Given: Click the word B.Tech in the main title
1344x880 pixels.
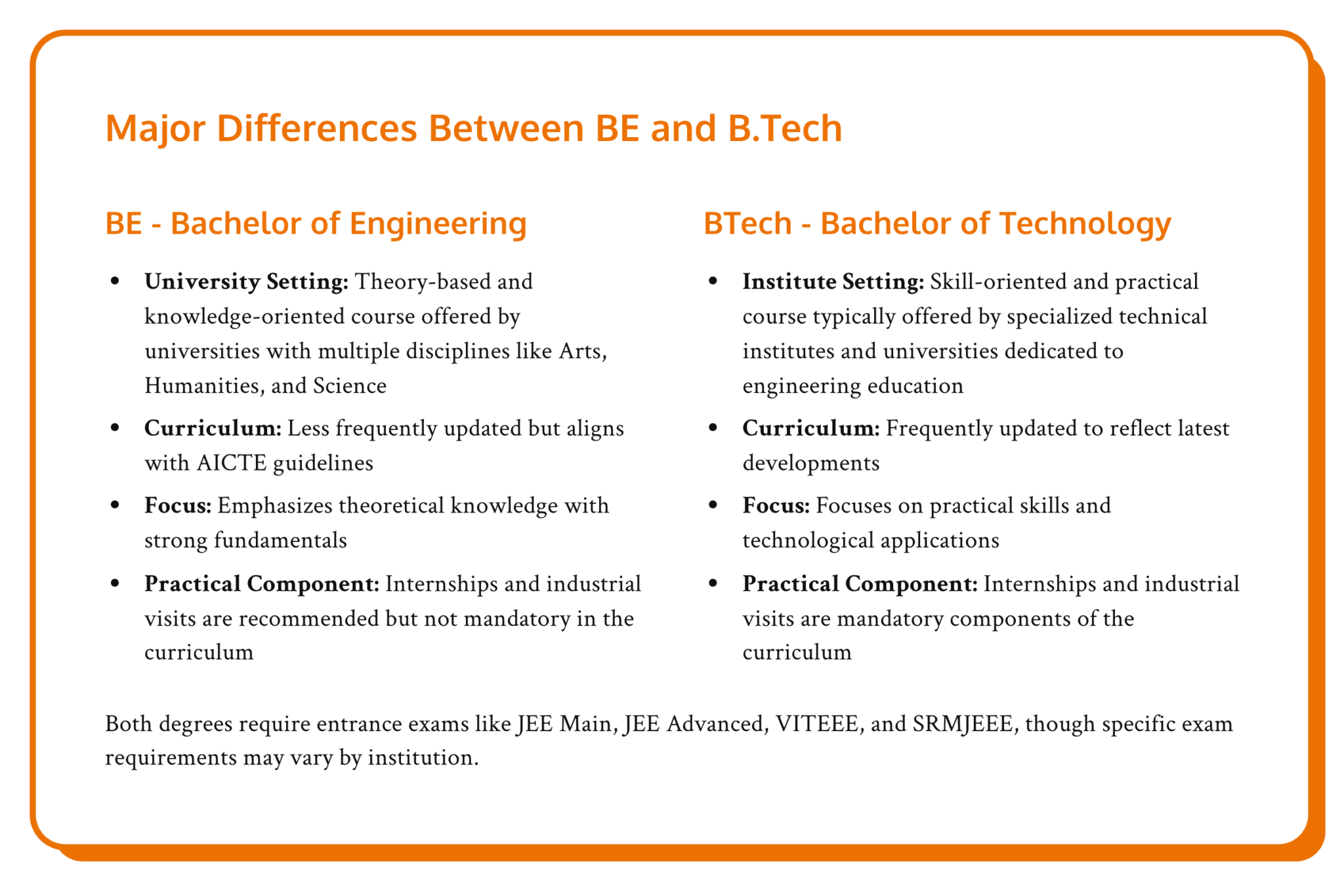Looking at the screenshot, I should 784,128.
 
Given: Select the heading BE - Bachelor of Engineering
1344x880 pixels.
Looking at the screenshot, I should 316,224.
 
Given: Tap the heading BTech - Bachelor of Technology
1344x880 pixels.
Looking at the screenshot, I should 936,224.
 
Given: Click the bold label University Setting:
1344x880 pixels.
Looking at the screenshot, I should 246,282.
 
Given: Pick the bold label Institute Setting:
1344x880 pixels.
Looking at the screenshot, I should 833,282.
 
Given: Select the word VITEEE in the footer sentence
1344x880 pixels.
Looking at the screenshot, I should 816,724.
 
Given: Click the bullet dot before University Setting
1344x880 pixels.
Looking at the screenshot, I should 115,282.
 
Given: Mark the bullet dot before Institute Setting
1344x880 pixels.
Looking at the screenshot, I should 713,282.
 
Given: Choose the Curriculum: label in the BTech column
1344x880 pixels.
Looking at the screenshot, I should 810,429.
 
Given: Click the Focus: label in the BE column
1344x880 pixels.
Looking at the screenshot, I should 178,506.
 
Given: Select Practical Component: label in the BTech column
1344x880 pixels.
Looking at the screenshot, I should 860,584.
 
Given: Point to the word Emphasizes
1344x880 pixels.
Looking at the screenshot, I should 275,506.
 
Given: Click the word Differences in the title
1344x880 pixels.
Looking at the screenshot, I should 316,128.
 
